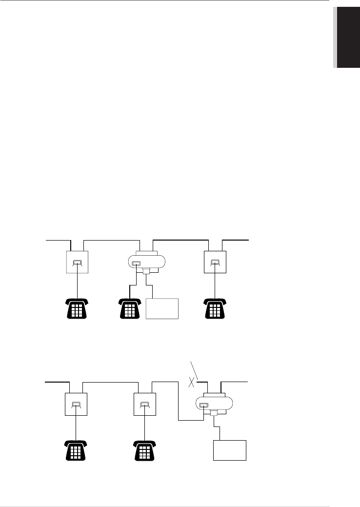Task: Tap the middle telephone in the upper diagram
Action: coord(130,308)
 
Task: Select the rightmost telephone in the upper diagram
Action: coord(215,308)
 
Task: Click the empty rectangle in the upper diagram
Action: coord(162,308)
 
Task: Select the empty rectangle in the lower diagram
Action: coord(230,450)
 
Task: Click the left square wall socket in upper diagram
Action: coord(78,263)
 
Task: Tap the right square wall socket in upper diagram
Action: coord(215,263)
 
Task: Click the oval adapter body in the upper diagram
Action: coord(146,264)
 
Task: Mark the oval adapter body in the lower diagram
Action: coord(215,404)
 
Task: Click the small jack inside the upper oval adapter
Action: coord(136,264)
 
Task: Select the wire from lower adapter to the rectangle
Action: coord(220,429)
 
